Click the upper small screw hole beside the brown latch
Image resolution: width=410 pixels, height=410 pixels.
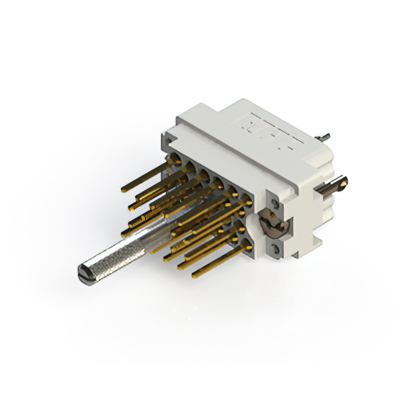coord(275,204)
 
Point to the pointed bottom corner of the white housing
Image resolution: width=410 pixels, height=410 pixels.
coord(295,256)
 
